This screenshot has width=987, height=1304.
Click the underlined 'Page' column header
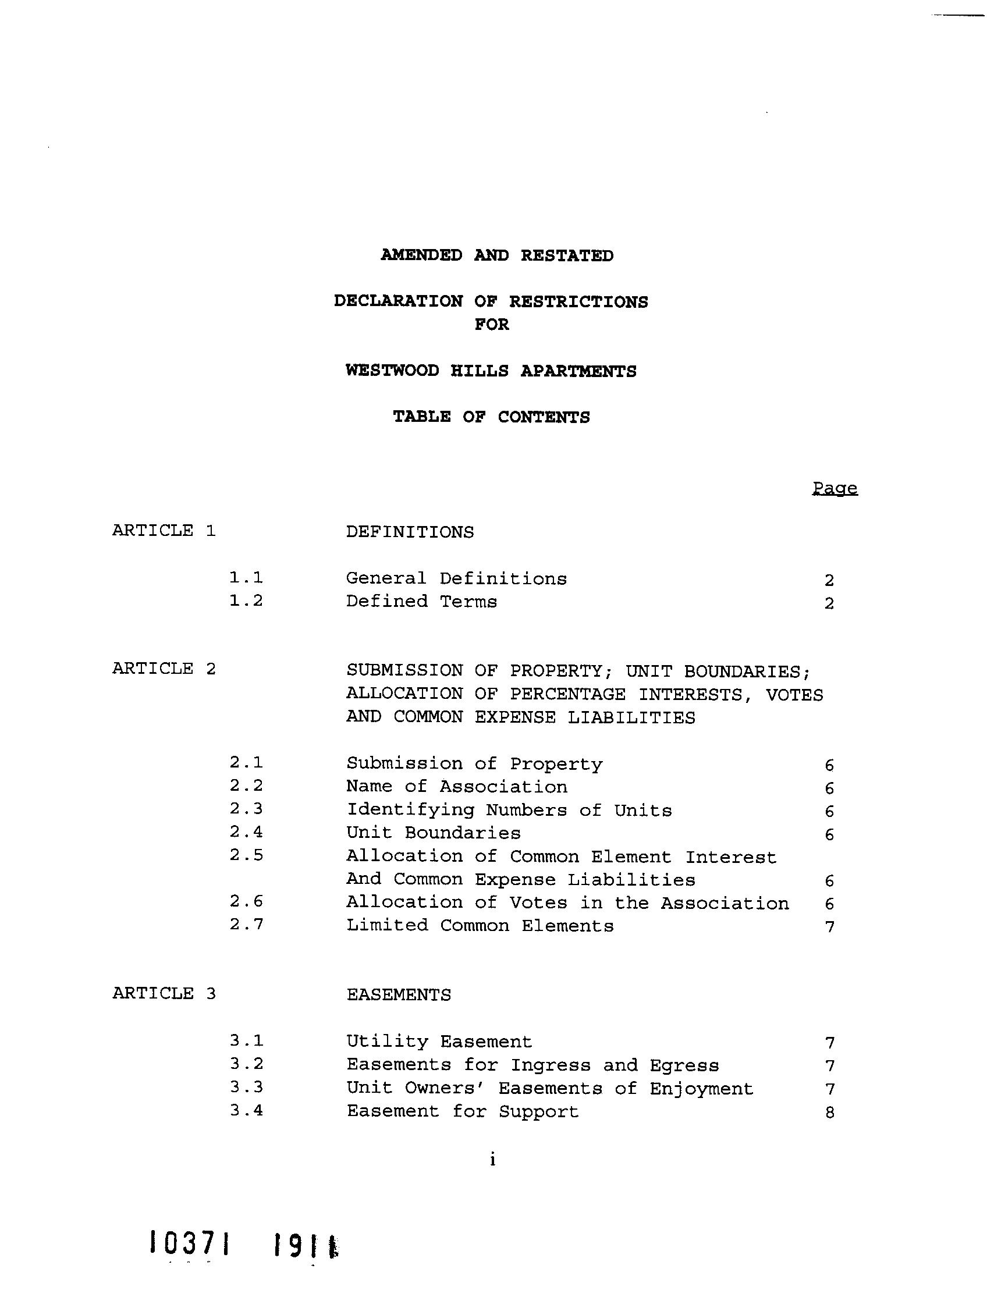click(x=834, y=488)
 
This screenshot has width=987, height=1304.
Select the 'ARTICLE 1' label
click(x=164, y=531)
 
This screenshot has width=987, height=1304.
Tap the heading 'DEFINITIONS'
click(x=409, y=532)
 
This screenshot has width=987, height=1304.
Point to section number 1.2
click(x=246, y=601)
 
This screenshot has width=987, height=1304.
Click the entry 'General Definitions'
click(x=456, y=578)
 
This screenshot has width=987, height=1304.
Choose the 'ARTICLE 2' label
click(x=164, y=669)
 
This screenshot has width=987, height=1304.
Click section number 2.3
click(x=246, y=809)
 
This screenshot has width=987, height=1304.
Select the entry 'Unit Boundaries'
click(x=433, y=833)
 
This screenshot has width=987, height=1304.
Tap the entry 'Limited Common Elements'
click(x=480, y=926)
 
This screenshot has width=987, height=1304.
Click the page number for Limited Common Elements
click(x=829, y=928)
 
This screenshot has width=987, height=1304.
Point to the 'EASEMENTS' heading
click(x=398, y=995)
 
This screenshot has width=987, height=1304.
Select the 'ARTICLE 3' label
click(x=164, y=993)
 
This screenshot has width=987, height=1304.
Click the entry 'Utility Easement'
click(x=439, y=1042)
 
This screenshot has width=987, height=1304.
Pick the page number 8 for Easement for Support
click(x=829, y=1113)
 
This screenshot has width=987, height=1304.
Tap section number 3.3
click(x=246, y=1087)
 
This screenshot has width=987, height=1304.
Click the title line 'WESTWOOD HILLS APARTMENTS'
click(x=491, y=371)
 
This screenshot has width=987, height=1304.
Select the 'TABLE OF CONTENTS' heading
click(x=491, y=417)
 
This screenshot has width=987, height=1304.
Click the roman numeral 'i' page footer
click(x=492, y=1160)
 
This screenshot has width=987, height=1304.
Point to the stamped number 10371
click(x=189, y=1244)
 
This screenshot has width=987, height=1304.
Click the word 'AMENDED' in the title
click(x=421, y=255)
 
